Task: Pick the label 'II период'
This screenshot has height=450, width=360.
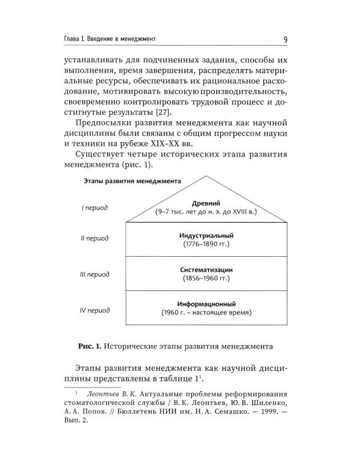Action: pyautogui.click(x=95, y=239)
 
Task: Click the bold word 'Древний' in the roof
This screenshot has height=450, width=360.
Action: pyautogui.click(x=206, y=203)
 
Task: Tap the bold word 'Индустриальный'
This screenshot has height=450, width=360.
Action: pyautogui.click(x=206, y=235)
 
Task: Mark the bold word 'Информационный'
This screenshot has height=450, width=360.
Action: pyautogui.click(x=206, y=304)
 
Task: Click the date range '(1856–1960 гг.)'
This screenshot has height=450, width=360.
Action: pyautogui.click(x=206, y=279)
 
